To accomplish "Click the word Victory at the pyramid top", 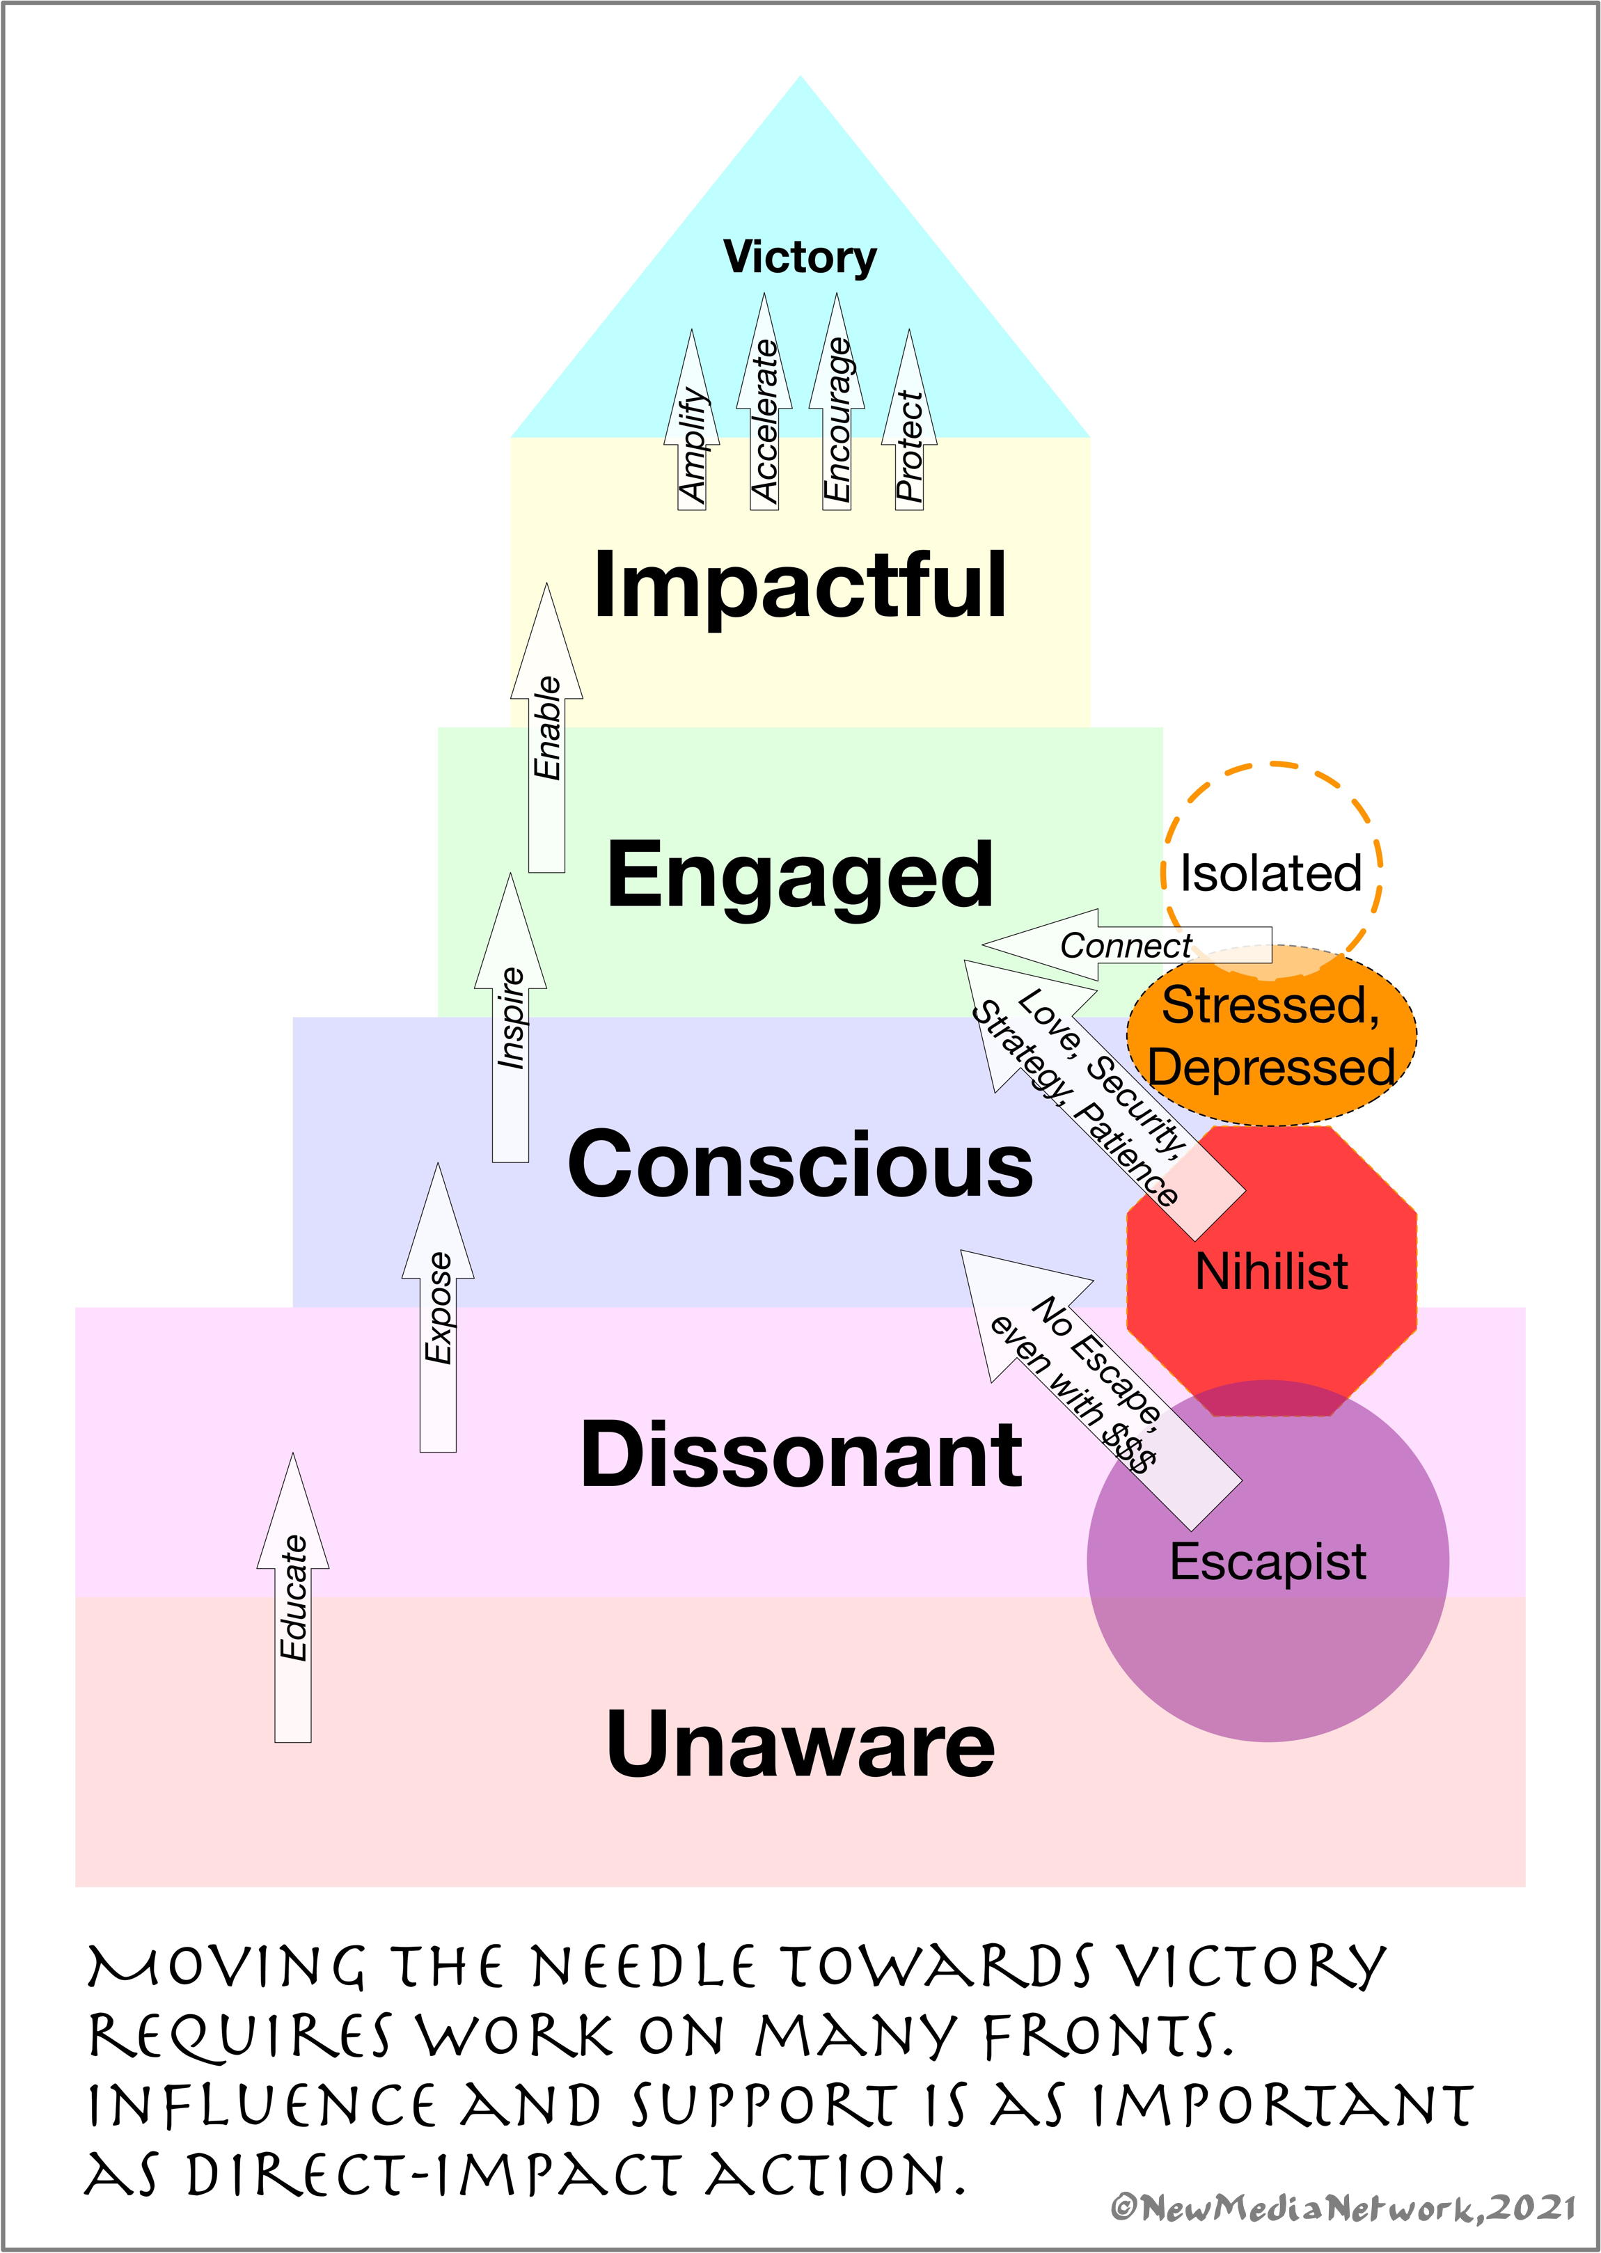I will [x=800, y=258].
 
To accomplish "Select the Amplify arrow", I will [x=692, y=434].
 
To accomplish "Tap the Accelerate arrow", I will [x=764, y=414].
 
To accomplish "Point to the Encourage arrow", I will [x=836, y=414].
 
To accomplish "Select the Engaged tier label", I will [x=800, y=874].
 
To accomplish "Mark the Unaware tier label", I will [x=800, y=1744].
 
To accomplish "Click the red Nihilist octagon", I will [x=1272, y=1272].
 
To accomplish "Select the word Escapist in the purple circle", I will [x=1268, y=1561].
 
